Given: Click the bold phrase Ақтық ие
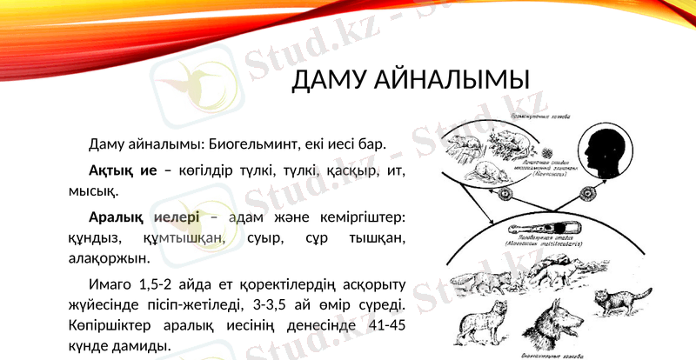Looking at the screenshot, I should (123, 170).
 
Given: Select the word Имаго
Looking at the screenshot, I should (110, 284).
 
